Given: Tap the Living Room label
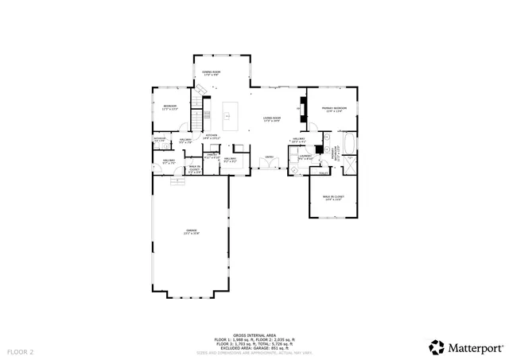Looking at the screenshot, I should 272,119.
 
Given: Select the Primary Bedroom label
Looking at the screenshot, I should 333,109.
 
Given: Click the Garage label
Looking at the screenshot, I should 191,232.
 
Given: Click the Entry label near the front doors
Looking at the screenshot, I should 270,157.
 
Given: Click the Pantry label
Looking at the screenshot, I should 212,157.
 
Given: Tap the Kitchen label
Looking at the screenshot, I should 212,137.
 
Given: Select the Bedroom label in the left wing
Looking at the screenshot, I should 169,106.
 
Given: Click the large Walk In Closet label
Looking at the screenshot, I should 332,197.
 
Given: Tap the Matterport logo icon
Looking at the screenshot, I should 437,347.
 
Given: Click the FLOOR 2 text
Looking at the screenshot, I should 21,350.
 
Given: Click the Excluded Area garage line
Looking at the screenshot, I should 254,348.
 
